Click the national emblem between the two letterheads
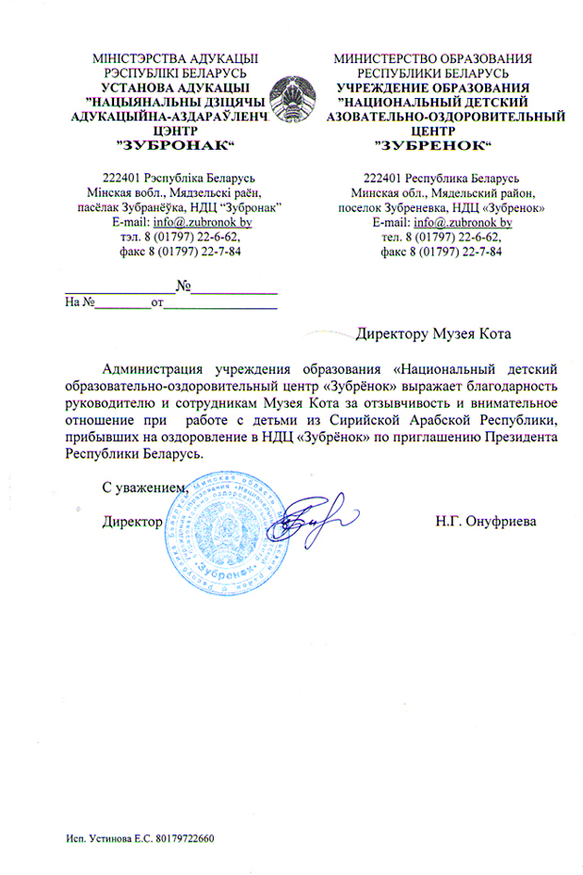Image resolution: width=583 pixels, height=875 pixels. [293, 101]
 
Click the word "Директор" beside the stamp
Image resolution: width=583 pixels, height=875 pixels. [133, 521]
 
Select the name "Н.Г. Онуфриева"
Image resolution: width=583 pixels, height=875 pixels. [485, 521]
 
